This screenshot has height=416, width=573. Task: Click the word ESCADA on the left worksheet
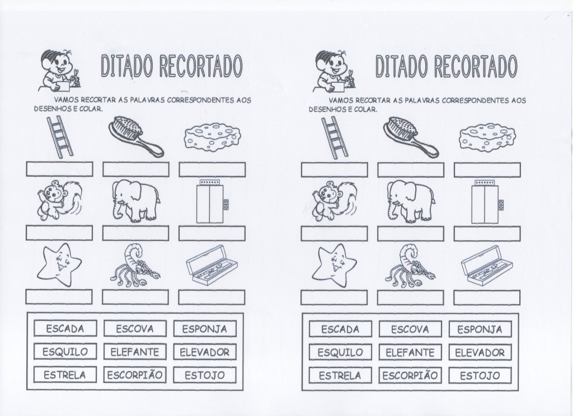[x=65, y=329]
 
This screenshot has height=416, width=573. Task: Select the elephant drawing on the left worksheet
[x=135, y=200]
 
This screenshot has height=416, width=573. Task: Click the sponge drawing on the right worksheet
[x=486, y=138]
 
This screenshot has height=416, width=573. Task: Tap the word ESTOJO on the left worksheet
[x=205, y=375]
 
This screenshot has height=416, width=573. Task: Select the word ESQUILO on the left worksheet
[x=65, y=352]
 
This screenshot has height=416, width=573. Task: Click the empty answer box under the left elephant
[x=135, y=233]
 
